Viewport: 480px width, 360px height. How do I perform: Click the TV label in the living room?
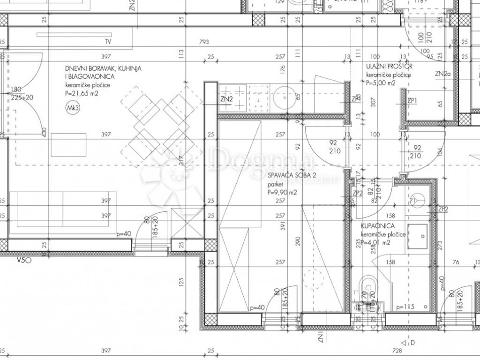(108, 42)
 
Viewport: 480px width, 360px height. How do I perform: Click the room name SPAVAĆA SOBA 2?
(285, 176)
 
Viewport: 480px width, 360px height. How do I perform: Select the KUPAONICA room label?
(374, 226)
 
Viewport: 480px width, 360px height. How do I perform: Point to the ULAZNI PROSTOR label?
(389, 67)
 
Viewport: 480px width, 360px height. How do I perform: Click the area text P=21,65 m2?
(82, 93)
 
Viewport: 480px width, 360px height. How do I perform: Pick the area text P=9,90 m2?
(282, 192)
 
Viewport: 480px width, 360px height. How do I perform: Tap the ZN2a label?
(442, 74)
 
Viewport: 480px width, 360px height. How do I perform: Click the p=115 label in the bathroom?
(405, 307)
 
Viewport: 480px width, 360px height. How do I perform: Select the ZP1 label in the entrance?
(412, 101)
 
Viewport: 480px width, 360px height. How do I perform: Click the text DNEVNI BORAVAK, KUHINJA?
(103, 68)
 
